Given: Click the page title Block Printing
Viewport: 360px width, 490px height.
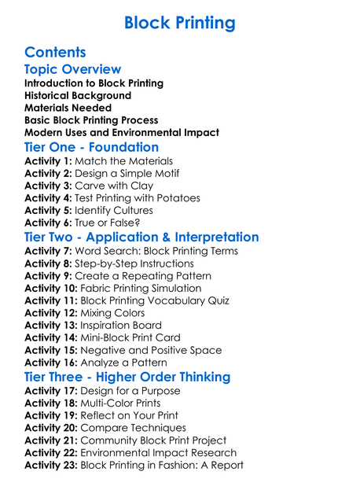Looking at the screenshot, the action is pos(179,22).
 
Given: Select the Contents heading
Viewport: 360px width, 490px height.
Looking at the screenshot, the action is pos(55,53).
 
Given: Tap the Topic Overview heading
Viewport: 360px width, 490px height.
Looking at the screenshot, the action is pos(72,70).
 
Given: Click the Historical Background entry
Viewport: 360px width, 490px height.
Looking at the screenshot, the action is pos(78,95).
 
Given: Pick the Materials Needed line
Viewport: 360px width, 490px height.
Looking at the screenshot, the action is pos(68,108).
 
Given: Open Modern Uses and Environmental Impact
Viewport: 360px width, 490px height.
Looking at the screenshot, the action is pos(121,133).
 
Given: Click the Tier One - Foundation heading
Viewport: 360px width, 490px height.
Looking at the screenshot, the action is pos(91,148).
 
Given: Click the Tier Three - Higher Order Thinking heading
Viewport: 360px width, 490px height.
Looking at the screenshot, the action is pos(127,377).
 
